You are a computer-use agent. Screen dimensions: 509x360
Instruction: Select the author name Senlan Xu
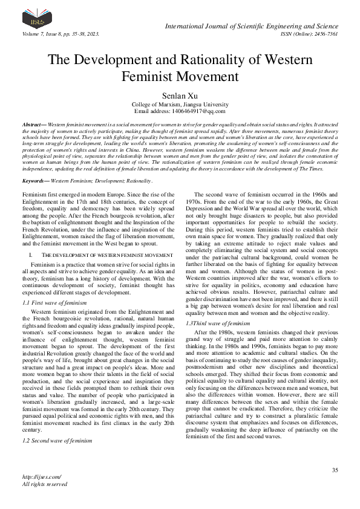(180, 95)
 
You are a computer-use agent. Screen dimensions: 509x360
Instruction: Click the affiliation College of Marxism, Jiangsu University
(180, 104)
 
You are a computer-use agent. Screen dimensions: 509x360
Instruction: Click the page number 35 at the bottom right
(335, 470)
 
